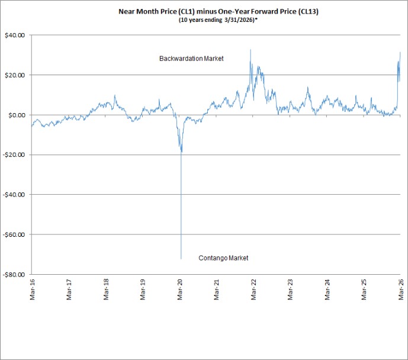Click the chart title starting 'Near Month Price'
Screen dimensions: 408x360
tap(219, 12)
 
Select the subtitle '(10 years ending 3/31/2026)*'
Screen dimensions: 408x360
tap(218, 20)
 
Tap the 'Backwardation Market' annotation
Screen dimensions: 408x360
tap(191, 59)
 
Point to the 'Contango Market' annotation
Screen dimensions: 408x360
tap(223, 258)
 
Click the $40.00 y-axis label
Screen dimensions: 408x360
tap(15, 35)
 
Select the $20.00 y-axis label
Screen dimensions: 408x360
tap(15, 75)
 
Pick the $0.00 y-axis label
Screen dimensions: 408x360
tap(17, 115)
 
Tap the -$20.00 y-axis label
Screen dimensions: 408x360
tap(14, 155)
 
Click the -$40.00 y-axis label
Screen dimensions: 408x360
tap(14, 195)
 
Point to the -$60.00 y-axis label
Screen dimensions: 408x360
tap(14, 234)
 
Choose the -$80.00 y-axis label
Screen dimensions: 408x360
tap(14, 275)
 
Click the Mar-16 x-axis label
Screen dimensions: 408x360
tap(32, 290)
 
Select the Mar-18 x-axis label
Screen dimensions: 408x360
tap(106, 290)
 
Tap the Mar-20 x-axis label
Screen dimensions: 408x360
tap(180, 290)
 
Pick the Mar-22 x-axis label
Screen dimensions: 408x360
tap(253, 290)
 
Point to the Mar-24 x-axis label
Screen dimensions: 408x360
tap(327, 290)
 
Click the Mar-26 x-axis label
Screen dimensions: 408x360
tap(401, 290)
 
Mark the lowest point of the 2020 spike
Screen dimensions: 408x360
tap(181, 259)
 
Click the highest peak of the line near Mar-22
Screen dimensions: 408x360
tap(250, 50)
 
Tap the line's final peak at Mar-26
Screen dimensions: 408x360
tap(400, 52)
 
